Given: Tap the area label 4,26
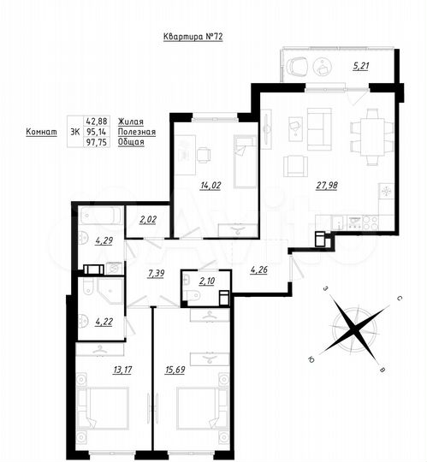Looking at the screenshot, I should (260, 271).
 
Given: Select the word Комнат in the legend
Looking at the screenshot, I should (42, 133).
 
